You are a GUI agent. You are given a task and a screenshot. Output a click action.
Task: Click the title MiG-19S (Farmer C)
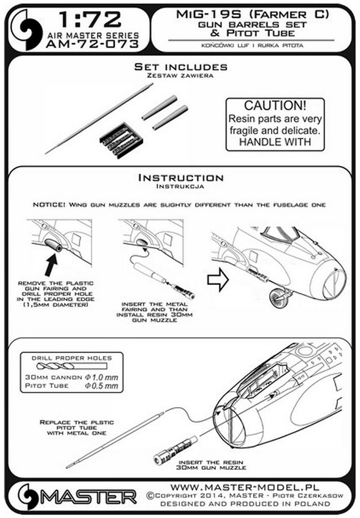[x=253, y=14]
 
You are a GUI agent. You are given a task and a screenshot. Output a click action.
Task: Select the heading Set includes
[x=181, y=67]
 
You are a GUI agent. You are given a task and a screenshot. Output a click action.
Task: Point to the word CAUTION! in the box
[x=275, y=106]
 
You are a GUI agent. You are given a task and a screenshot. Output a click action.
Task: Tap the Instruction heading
[x=181, y=178]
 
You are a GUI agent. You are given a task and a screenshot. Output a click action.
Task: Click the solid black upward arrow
[x=52, y=265]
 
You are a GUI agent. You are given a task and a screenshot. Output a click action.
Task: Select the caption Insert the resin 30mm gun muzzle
[x=211, y=465]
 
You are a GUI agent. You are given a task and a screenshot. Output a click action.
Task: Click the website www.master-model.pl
[x=245, y=487]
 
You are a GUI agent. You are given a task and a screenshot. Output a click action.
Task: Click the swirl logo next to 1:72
[x=27, y=30]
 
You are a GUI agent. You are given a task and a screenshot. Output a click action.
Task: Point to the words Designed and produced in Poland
[x=245, y=504]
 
